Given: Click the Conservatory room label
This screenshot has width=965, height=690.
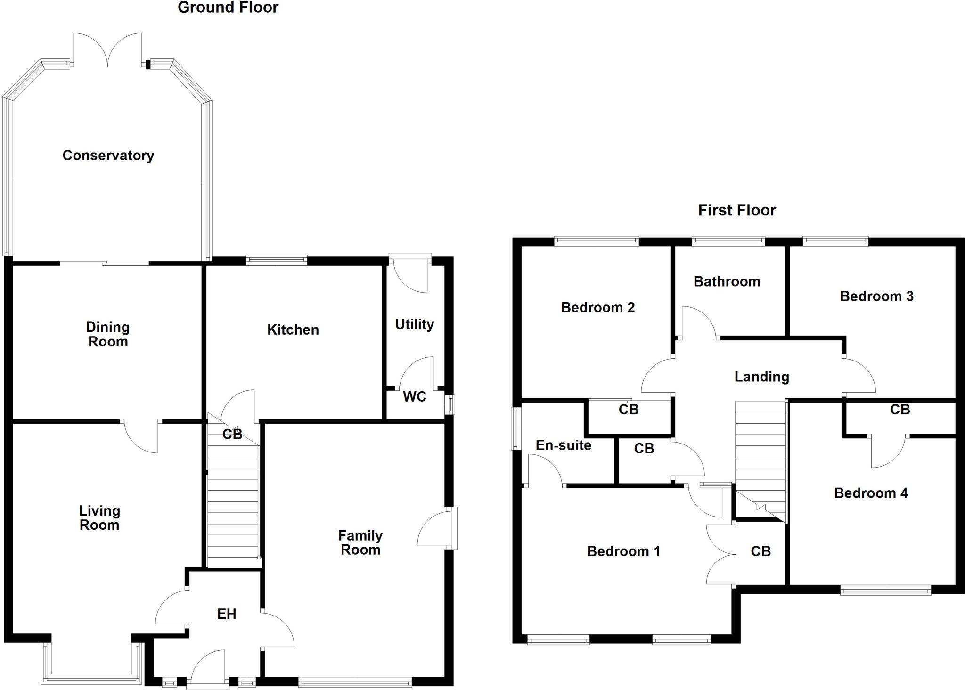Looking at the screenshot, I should pyautogui.click(x=108, y=156).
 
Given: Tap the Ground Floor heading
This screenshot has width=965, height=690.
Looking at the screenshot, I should pyautogui.click(x=228, y=8).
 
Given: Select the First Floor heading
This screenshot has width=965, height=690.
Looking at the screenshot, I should pyautogui.click(x=737, y=210).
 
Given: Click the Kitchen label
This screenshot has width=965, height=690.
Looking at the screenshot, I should pyautogui.click(x=293, y=329).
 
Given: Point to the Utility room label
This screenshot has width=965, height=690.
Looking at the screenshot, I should pyautogui.click(x=414, y=324).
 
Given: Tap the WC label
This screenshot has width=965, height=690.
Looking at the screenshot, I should pyautogui.click(x=414, y=396).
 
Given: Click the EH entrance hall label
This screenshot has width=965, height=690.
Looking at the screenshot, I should pyautogui.click(x=227, y=614).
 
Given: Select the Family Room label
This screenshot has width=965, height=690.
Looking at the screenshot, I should pyautogui.click(x=360, y=542).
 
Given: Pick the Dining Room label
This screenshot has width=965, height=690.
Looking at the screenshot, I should pyautogui.click(x=108, y=334).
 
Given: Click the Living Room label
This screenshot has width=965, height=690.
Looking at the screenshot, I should pyautogui.click(x=99, y=517).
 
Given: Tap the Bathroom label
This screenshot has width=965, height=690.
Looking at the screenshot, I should pyautogui.click(x=727, y=281).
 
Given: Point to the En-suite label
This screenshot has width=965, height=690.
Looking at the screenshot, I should pyautogui.click(x=563, y=445).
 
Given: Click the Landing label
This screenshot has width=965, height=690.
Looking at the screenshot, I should pyautogui.click(x=761, y=377).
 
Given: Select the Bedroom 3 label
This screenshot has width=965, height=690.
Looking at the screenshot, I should pyautogui.click(x=876, y=296).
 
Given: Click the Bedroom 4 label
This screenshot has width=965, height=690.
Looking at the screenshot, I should pyautogui.click(x=871, y=493).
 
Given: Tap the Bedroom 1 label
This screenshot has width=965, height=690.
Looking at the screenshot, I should pyautogui.click(x=623, y=551).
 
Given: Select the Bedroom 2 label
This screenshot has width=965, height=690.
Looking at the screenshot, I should pyautogui.click(x=597, y=307).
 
